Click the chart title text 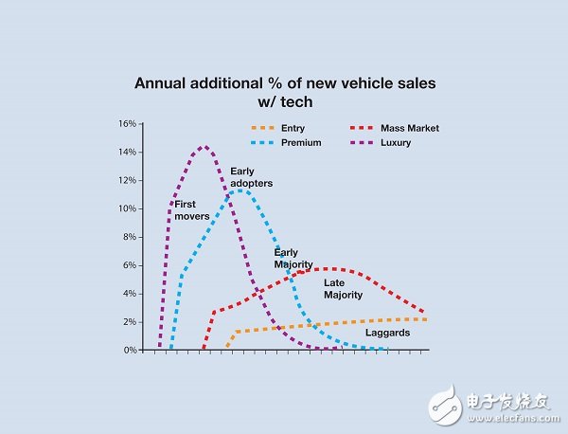coord(285,92)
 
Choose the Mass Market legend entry coord(410,128)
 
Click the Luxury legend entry coord(398,143)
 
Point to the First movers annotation coord(186,209)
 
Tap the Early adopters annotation coord(251,177)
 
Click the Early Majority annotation coord(293,259)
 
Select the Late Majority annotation coord(344,289)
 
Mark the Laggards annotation coord(386,333)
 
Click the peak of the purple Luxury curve coord(204,147)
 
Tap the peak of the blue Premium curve coord(243,190)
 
